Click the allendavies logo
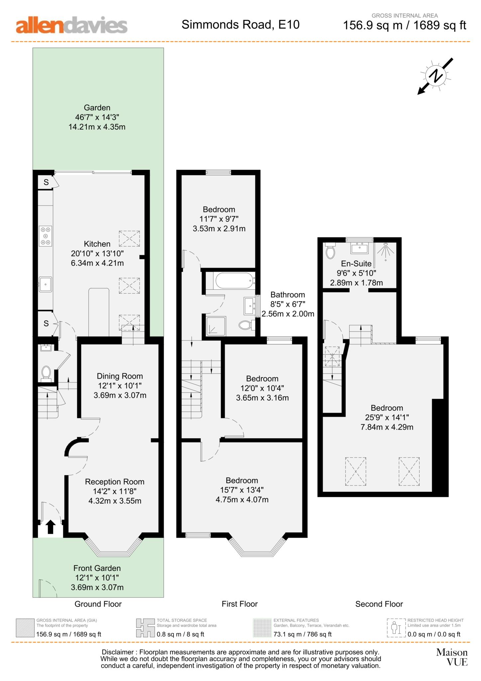71,25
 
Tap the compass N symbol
435,76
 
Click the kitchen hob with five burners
46,236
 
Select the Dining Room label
120,376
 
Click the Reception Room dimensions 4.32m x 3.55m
115,501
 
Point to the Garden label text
97,108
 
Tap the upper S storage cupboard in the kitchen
46,182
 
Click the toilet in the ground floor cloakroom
46,373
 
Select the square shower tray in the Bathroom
216,325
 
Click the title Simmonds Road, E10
240,25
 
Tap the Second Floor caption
379,604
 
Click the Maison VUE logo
452,657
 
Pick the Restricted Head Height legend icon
396,628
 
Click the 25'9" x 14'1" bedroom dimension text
387,417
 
